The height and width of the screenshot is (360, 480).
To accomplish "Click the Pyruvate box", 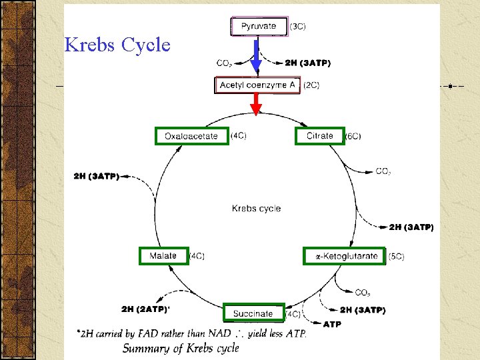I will [x=259, y=27].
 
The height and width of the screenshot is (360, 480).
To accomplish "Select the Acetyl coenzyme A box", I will [x=257, y=85].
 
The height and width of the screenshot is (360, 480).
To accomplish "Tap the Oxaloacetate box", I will [x=191, y=136].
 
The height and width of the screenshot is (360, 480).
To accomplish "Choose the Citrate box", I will [x=319, y=136].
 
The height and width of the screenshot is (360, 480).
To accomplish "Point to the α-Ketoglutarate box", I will [x=344, y=256].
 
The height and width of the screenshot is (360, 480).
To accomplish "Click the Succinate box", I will [x=253, y=313].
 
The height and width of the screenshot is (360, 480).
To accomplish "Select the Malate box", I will [x=163, y=256].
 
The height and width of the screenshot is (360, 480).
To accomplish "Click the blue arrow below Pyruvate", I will [x=256, y=56].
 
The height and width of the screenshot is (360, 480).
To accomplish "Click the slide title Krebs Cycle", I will [x=117, y=45].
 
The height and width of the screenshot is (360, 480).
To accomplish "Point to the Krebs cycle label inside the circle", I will [x=256, y=209].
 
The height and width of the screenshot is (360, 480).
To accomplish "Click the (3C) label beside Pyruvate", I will [x=298, y=27].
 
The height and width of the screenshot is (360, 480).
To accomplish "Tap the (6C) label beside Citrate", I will [x=353, y=137].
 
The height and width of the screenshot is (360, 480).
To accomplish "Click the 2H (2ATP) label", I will [x=145, y=309].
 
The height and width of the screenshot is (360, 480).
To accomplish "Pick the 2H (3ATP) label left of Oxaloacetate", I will [x=96, y=177].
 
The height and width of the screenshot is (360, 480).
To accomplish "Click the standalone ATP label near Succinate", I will [x=332, y=324].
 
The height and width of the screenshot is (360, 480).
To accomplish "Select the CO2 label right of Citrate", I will [x=383, y=171].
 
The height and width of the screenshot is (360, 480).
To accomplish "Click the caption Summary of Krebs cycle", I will [x=181, y=348].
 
